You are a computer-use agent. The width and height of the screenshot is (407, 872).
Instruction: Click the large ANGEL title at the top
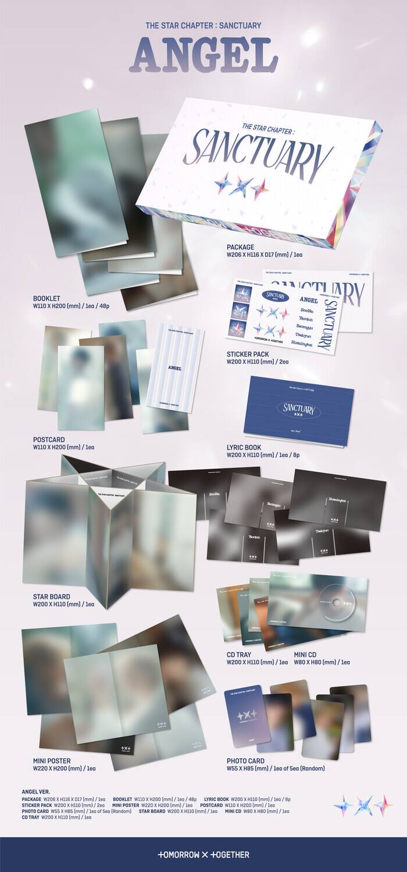click(203, 57)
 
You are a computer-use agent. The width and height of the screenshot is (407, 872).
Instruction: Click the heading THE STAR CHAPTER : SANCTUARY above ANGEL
click(203, 25)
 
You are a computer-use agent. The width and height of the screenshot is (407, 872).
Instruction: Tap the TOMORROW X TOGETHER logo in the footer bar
click(203, 855)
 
